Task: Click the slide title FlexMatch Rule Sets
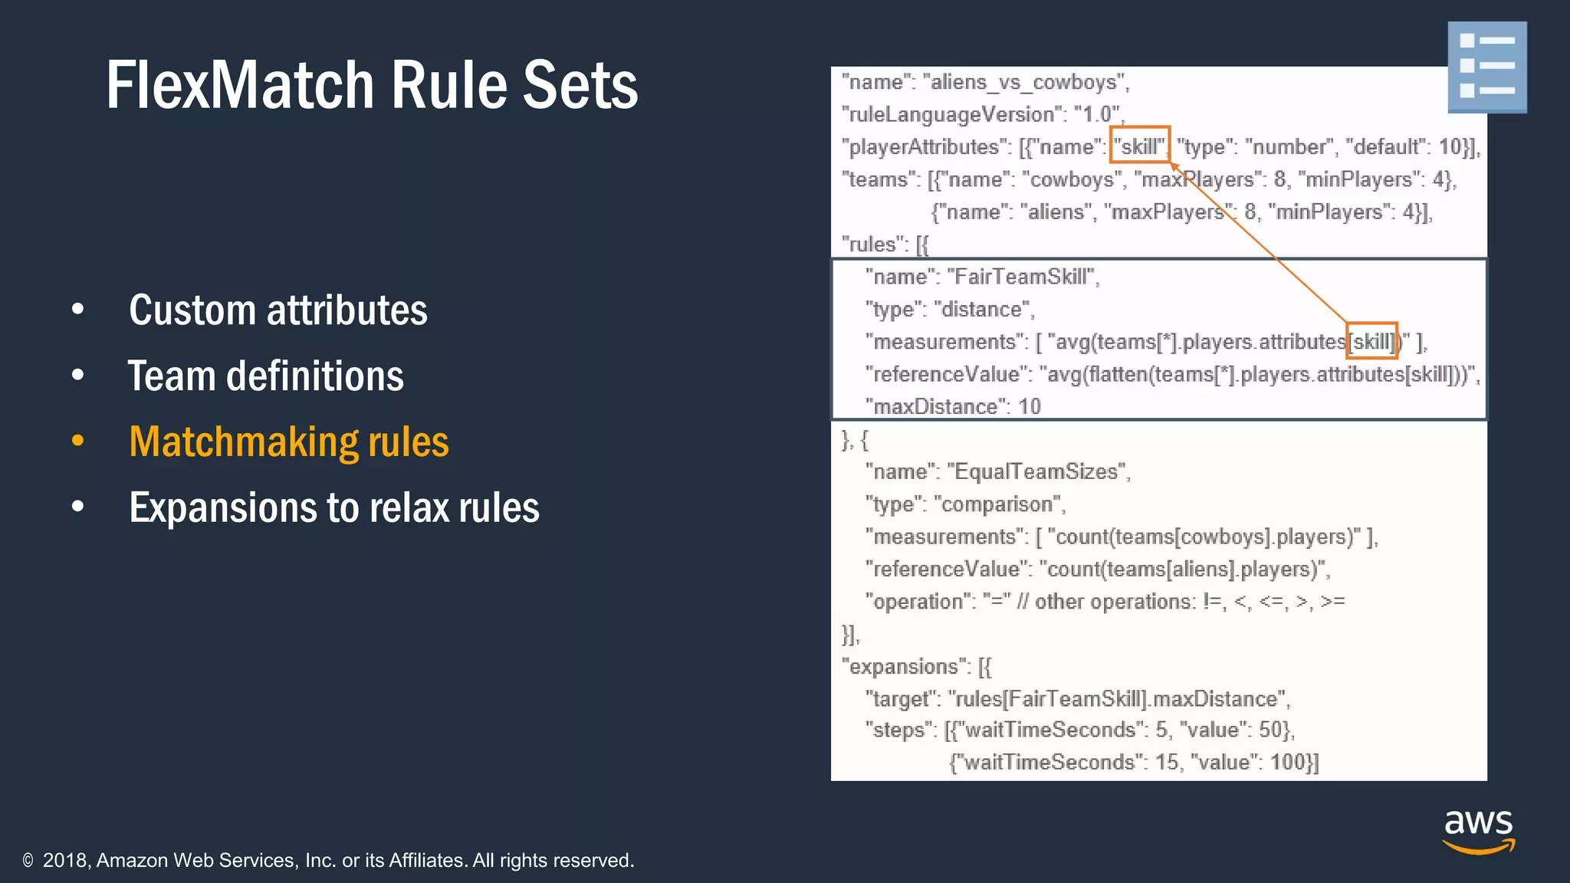click(x=372, y=86)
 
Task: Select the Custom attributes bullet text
click(x=278, y=310)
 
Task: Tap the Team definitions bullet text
click(x=265, y=376)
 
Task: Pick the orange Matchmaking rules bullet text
click(x=289, y=442)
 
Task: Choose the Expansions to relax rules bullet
click(x=334, y=508)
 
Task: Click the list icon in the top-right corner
click(x=1486, y=67)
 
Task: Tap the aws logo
click(x=1478, y=831)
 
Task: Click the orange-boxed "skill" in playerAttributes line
click(x=1140, y=146)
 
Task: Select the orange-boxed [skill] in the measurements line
click(x=1372, y=341)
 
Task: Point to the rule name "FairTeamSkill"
click(x=1023, y=277)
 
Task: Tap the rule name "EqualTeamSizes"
click(x=1038, y=471)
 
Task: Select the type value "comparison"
click(x=998, y=504)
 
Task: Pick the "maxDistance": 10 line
click(x=953, y=406)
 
